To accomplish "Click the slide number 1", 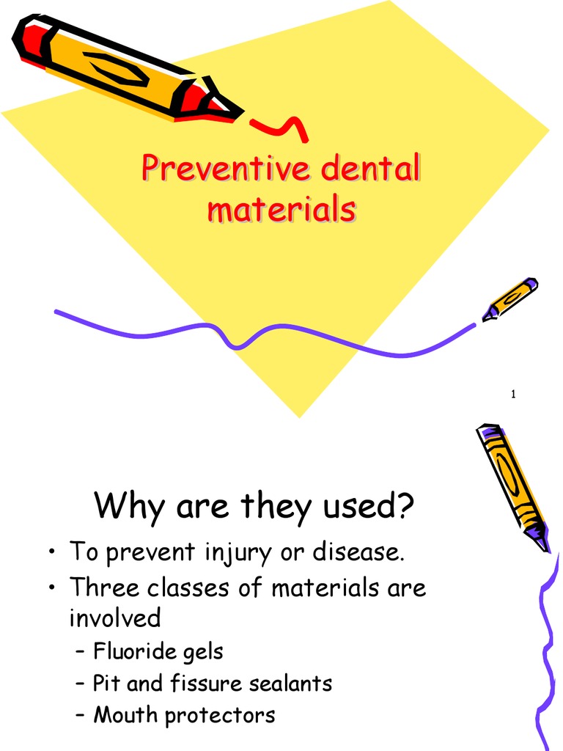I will click(514, 395).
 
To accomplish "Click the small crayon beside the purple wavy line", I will click(510, 298).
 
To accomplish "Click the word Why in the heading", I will click(130, 505).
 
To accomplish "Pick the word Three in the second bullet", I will click(106, 587).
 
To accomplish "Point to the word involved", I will click(114, 618).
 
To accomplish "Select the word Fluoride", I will click(130, 651).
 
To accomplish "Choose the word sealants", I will click(290, 683).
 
